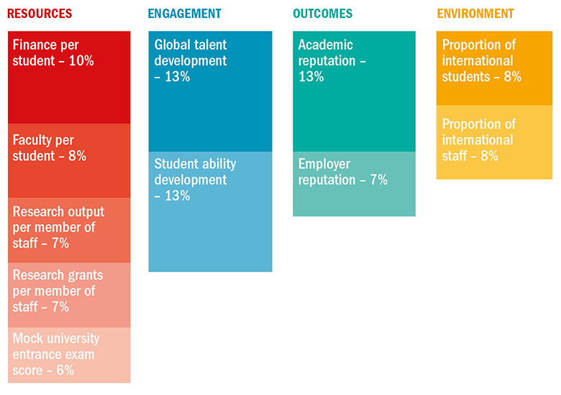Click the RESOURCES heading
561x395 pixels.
coord(40,14)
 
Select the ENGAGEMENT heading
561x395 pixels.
coord(185,14)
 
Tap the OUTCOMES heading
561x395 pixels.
coord(323,14)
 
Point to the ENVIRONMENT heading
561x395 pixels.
coord(475,14)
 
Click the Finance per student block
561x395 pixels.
coord(69,78)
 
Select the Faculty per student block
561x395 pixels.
coord(69,161)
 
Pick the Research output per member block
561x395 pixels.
coord(69,230)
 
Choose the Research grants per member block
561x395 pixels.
coord(69,294)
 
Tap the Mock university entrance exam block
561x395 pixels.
coord(69,355)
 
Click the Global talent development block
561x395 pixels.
coord(210,92)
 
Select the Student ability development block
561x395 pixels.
coord(210,213)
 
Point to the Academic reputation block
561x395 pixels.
coord(354,92)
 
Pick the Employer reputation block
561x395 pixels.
coord(354,184)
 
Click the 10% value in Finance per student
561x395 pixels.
coord(81,61)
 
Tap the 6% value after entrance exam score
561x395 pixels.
coord(63,371)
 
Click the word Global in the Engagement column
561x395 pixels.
coord(172,45)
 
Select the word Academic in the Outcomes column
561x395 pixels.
coord(326,45)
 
